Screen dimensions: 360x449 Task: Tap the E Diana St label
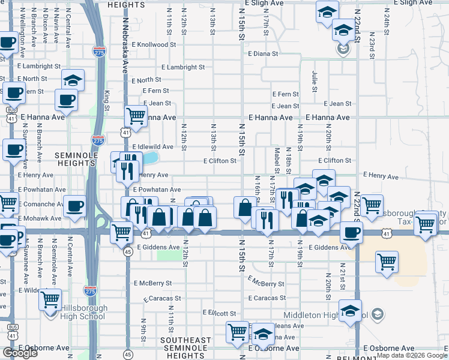(x=263, y=53)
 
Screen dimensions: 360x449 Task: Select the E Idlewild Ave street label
(x=152, y=147)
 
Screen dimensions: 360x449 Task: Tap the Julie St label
(x=315, y=77)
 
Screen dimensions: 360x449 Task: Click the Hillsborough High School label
(x=84, y=312)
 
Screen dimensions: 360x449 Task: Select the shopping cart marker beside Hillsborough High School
(x=50, y=297)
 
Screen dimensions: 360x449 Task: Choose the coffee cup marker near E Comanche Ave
(x=74, y=206)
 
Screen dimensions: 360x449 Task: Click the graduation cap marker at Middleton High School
(x=349, y=310)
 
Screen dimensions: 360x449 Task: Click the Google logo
(x=20, y=353)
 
